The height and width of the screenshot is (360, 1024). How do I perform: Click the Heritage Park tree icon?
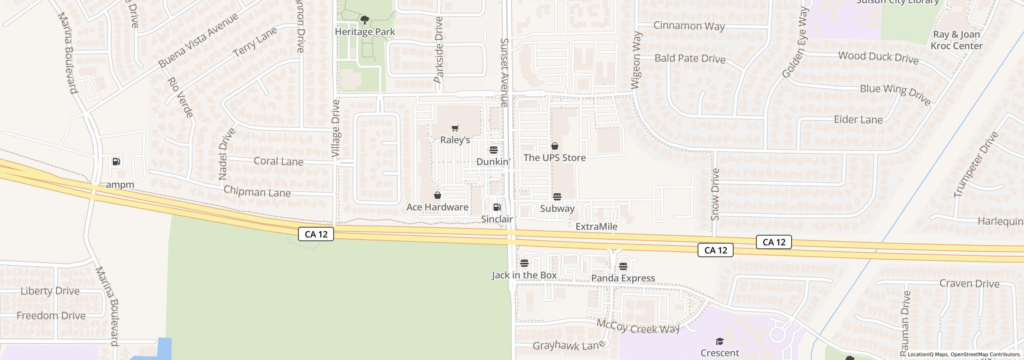tap(364, 20)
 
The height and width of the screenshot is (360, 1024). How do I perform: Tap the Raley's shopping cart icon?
tap(455, 128)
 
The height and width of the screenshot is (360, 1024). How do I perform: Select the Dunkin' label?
tap(494, 162)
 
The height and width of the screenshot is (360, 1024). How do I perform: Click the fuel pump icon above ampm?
tap(116, 162)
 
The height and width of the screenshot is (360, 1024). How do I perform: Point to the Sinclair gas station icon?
tap(497, 207)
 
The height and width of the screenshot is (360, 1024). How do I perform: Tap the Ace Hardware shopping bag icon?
tap(438, 196)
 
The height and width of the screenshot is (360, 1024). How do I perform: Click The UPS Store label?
tap(554, 158)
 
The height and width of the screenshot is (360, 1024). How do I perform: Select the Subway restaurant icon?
tap(557, 197)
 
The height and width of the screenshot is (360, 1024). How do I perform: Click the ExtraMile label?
tap(596, 227)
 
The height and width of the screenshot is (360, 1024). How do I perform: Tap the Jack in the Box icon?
tap(524, 263)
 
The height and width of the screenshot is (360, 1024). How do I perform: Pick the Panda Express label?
tap(623, 278)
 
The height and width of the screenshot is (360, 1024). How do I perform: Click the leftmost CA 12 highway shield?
tap(316, 234)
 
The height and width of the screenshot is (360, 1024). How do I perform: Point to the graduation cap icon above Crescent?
tap(720, 341)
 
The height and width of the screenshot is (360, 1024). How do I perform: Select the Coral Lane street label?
tap(278, 162)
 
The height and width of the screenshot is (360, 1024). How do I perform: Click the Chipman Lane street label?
tap(257, 192)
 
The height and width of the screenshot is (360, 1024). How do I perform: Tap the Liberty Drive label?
tap(50, 291)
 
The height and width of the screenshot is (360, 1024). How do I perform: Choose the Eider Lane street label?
tap(858, 120)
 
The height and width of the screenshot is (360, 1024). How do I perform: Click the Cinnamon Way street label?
tap(689, 26)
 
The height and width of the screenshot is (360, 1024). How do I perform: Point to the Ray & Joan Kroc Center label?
tap(956, 40)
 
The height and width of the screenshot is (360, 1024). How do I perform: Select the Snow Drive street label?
tap(716, 194)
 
